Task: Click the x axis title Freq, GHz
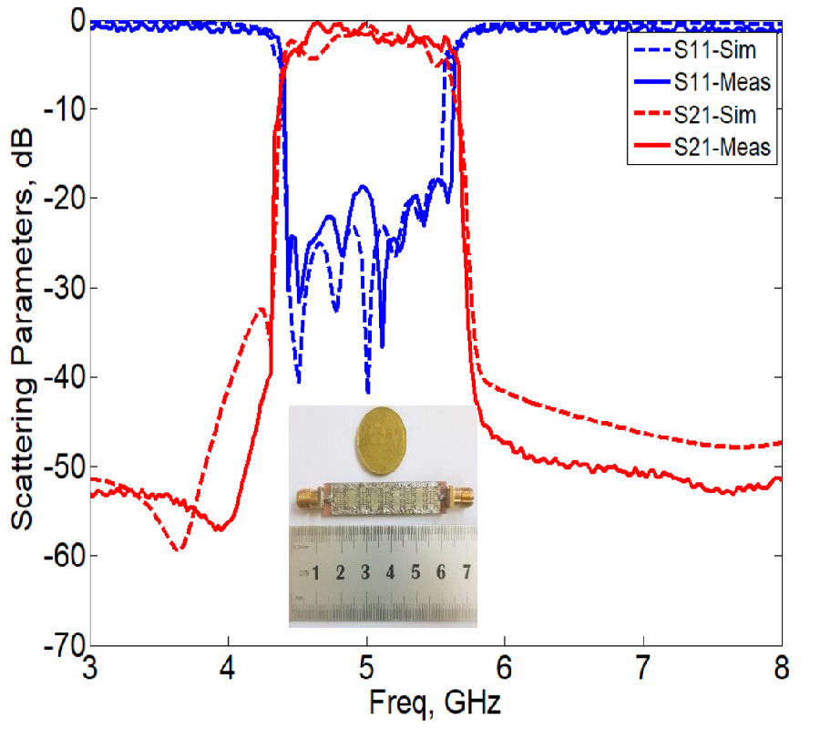(435, 703)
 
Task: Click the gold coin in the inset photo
(383, 440)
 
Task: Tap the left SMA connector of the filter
(309, 498)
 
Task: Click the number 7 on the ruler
(466, 573)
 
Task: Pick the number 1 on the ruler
(315, 573)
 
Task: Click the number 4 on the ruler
(390, 573)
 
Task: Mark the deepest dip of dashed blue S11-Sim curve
(367, 392)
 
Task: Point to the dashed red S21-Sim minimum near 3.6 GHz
(180, 549)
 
